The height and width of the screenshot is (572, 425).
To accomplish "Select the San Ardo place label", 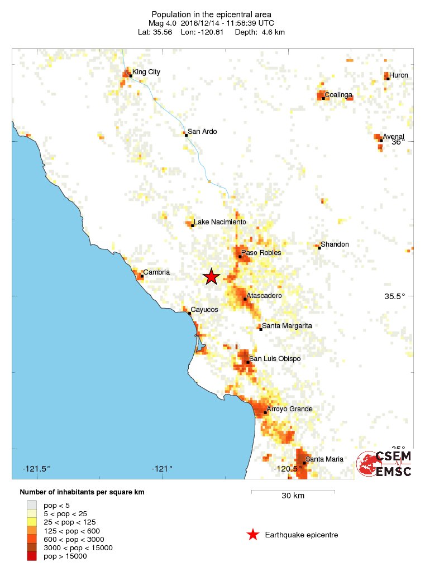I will [x=202, y=132].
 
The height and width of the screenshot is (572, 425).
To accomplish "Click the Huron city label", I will [x=398, y=75].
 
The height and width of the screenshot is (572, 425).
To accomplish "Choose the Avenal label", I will [x=393, y=137].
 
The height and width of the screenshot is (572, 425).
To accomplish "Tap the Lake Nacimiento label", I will [x=219, y=222].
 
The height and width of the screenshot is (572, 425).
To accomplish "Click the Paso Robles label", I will [x=261, y=253].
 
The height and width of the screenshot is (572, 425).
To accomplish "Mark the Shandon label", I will [x=335, y=244].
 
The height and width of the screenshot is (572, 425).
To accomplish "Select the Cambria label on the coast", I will [x=156, y=272].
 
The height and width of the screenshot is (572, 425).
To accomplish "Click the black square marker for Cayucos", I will [x=189, y=313].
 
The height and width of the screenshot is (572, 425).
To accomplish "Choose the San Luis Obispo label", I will [x=274, y=358].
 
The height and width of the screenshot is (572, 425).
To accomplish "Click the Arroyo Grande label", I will [x=289, y=409].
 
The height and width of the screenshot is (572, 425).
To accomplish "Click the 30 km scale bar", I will [x=293, y=492].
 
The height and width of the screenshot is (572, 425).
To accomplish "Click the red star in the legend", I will [x=253, y=535].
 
